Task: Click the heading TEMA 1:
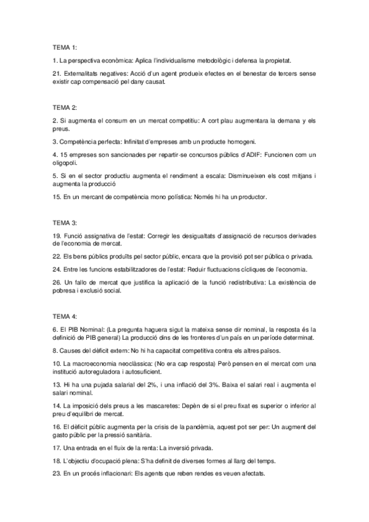(x=65, y=47)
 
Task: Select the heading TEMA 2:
(x=65, y=107)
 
